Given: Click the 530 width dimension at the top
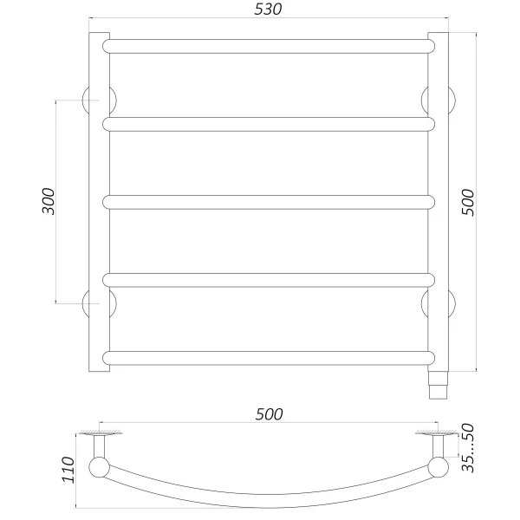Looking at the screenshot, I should [269, 10].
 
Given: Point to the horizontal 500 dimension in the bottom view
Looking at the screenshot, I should [269, 415].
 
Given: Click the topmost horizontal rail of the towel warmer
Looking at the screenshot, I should [269, 45].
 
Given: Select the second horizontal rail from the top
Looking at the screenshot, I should [269, 124].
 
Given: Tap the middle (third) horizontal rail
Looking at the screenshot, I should [269, 202].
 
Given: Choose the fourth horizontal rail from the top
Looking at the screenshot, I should [269, 279].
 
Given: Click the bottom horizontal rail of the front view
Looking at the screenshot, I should [269, 357].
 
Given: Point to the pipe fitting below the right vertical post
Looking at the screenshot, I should [439, 384].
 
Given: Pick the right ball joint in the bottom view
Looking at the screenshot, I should [436, 470].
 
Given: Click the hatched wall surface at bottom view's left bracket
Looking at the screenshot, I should [99, 431].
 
